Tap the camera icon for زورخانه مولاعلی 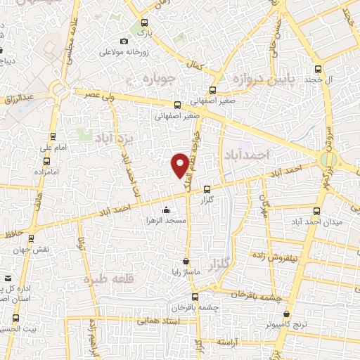(124, 41)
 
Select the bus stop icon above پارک (144, 22)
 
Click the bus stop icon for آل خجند (318, 70)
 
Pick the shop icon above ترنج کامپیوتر (285, 315)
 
